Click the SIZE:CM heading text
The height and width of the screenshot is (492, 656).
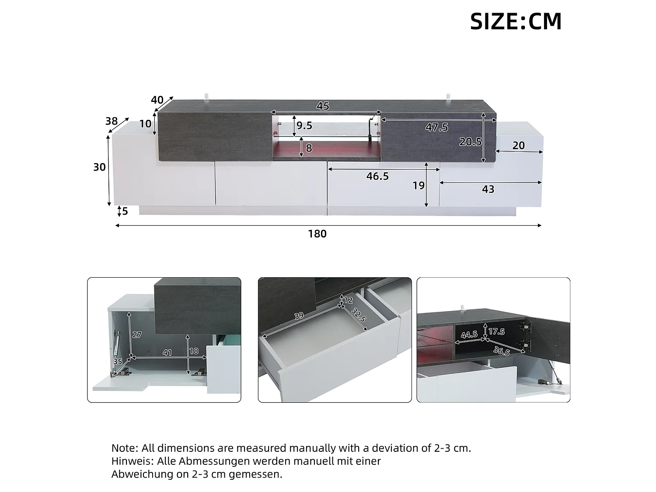click(516, 21)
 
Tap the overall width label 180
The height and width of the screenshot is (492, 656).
click(318, 234)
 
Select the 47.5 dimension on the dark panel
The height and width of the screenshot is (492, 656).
click(436, 127)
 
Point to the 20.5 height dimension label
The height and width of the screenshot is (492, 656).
click(471, 142)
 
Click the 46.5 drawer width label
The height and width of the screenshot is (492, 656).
click(377, 176)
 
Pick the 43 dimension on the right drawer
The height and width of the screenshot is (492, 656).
click(488, 189)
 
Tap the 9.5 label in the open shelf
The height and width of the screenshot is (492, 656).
click(304, 126)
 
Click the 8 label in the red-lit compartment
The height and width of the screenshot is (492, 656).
click(309, 148)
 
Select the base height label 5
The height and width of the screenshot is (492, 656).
click(125, 211)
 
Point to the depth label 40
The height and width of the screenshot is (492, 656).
click(157, 100)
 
